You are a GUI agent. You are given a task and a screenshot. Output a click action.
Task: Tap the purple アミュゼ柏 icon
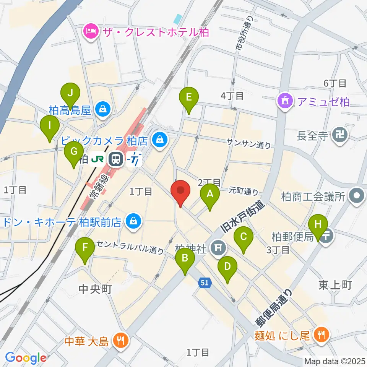coord(285,102)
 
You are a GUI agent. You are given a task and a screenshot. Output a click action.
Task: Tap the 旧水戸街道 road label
coord(243,218)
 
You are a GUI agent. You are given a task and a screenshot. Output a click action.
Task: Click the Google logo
coord(26,357)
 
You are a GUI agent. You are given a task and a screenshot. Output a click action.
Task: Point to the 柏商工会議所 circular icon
coord(357,197)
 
